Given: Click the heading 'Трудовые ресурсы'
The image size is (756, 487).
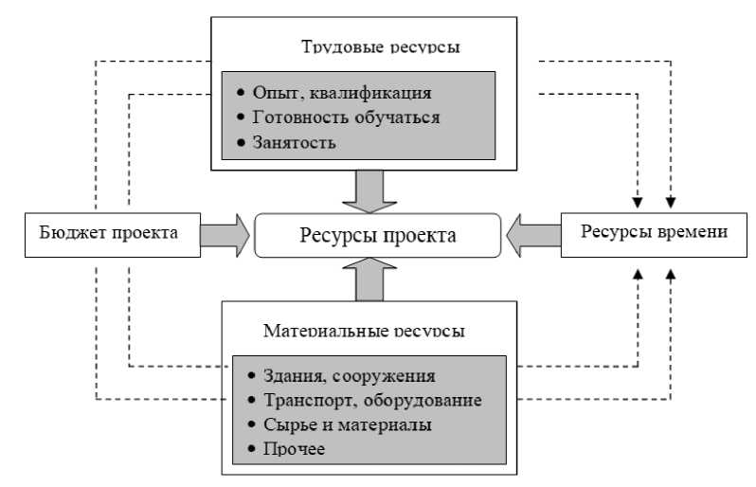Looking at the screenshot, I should [369, 46].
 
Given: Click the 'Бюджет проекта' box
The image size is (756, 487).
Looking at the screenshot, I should [110, 233].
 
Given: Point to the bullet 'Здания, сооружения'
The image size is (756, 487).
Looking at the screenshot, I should [344, 376].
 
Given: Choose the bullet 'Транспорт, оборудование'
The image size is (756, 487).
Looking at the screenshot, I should [368, 400].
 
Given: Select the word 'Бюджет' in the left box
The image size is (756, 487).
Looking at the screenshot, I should [72, 233].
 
